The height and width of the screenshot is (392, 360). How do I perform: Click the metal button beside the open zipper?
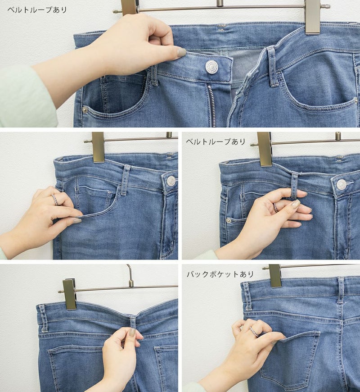click(x=211, y=67)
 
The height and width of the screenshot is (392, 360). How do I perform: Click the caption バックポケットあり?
click(x=220, y=274)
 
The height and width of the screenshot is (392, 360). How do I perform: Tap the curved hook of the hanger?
click(x=130, y=275)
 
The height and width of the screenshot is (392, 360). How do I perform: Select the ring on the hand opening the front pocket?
click(x=55, y=200)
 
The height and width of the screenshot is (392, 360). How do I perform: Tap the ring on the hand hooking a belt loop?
click(x=275, y=208)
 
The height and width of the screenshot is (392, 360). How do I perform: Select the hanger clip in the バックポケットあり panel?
click(x=275, y=276)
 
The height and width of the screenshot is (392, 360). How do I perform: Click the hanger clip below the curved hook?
click(x=69, y=295)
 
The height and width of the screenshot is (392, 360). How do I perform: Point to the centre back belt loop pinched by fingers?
click(x=133, y=323)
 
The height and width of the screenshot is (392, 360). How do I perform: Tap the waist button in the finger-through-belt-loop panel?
click(x=341, y=184)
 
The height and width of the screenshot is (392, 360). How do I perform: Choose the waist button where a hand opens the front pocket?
click(x=171, y=181)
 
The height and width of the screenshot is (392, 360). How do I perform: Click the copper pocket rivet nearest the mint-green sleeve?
click(x=85, y=109)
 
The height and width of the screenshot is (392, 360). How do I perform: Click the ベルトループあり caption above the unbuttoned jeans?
click(x=37, y=10)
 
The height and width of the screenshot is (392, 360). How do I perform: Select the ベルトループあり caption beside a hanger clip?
click(x=216, y=142)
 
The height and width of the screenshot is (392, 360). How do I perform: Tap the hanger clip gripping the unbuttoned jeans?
click(x=313, y=17)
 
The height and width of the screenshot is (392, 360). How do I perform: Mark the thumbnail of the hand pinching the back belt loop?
click(x=132, y=332)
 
